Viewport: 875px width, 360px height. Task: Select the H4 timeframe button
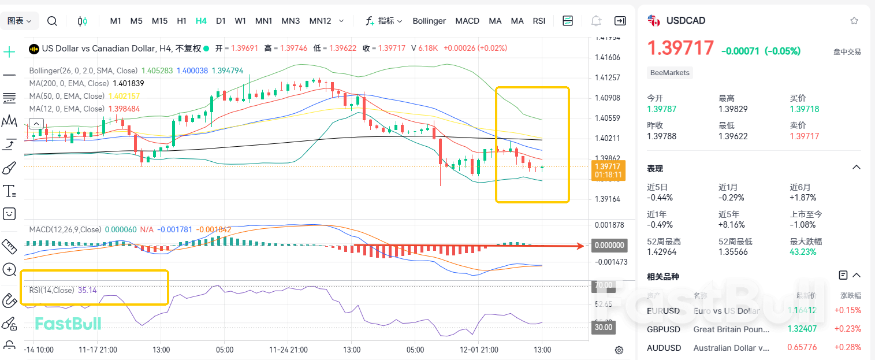[x=201, y=21]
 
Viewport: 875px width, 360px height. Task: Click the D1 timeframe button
[x=221, y=21]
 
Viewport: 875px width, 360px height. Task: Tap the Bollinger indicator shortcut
[x=429, y=21]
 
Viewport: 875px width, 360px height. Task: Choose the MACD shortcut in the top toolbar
[x=467, y=21]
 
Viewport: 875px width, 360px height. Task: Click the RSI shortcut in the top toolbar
[x=539, y=21]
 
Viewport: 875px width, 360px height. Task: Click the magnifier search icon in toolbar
[x=52, y=21]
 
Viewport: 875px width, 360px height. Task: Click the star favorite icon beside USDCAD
[x=854, y=21]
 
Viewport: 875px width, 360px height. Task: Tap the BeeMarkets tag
[x=670, y=73]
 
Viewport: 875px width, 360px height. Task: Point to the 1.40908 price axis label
[x=607, y=98]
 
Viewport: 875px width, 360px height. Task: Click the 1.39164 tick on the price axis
[x=607, y=199]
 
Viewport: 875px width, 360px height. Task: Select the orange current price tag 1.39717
[x=606, y=166]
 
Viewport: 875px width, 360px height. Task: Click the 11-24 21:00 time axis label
[x=288, y=350]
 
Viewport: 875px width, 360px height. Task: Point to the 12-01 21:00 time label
[x=479, y=350]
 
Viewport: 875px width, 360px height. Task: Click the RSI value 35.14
[x=87, y=290]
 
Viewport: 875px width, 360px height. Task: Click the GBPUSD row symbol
[x=664, y=329]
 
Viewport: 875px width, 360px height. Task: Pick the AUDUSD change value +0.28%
[x=847, y=348]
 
